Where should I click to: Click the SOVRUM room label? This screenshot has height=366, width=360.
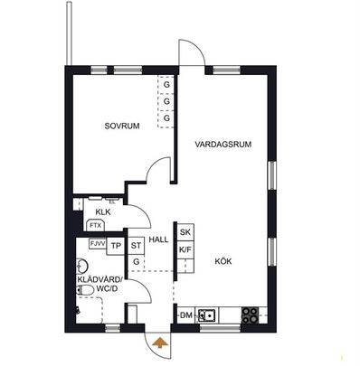121,126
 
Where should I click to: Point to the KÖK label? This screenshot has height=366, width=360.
223,261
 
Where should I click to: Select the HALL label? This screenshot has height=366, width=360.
160,239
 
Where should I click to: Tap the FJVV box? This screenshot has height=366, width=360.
97,244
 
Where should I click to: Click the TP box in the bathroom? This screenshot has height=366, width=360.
117,244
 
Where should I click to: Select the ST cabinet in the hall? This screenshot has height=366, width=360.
136,245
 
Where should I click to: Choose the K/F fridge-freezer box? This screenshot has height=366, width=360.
185,249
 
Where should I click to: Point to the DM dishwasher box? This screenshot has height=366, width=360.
185,314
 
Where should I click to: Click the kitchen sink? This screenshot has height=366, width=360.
207,315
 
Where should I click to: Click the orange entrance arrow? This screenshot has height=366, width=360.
160,342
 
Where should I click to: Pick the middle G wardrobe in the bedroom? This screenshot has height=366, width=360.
167,101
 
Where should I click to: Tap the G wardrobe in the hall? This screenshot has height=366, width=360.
136,262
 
